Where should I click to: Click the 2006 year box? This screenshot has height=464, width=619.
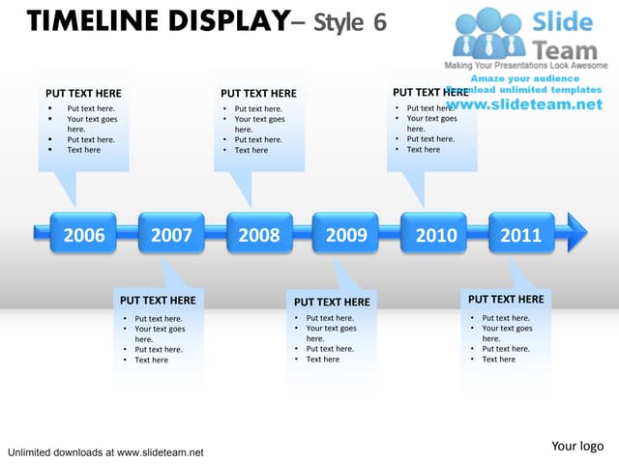point(84,234)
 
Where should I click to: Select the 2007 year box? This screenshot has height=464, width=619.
point(171,234)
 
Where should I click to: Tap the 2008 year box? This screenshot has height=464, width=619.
point(259,234)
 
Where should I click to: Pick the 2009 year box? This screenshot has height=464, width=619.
point(346,234)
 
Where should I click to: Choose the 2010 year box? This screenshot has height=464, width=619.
point(434,234)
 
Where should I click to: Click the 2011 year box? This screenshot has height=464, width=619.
point(521,234)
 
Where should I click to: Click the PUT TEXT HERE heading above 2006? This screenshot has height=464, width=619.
point(83,94)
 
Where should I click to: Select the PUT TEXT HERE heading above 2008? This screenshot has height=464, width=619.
point(258,94)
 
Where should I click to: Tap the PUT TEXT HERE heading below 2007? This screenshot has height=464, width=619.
point(158,301)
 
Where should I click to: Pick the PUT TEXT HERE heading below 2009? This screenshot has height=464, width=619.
point(332,302)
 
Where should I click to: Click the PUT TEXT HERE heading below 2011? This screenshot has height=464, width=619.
point(506,300)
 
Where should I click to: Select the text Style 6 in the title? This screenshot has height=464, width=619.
point(350,22)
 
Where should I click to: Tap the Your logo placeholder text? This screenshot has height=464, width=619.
point(577,446)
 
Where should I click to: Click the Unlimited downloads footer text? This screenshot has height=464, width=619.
point(105,452)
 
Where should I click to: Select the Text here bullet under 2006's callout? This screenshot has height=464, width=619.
point(83,150)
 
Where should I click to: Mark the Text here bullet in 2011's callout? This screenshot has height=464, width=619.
point(499,360)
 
